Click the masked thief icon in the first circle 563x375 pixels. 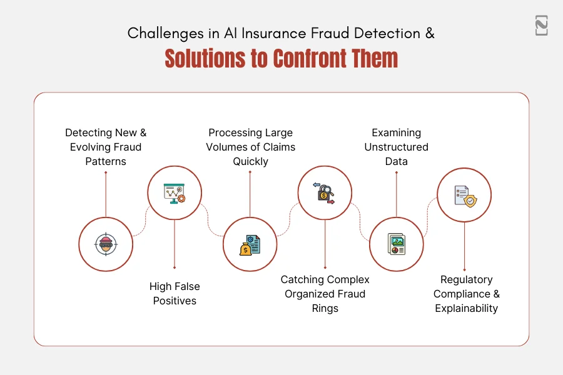coord(106,244)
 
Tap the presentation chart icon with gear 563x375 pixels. coord(175,193)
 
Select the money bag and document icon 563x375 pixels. coord(250,244)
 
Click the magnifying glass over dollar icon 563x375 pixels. coord(324,193)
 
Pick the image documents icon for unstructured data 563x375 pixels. coord(397,244)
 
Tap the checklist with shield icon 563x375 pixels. coord(464,195)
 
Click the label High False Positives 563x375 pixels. coord(174,293)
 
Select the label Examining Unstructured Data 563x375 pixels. coord(397,147)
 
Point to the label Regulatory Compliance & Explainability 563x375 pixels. coord(466,294)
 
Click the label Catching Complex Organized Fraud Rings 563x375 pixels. coord(325,294)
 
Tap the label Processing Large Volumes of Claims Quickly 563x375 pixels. coord(250,147)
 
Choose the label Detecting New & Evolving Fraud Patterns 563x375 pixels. coord(106,147)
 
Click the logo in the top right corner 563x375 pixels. coord(541,26)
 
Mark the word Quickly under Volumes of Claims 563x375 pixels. coord(250,161)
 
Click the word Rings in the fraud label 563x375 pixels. coord(325,308)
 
